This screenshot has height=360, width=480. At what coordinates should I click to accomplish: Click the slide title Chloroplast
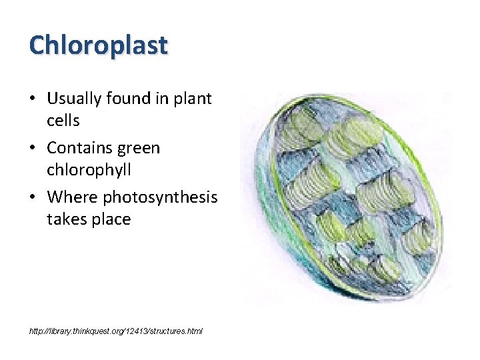click(99, 45)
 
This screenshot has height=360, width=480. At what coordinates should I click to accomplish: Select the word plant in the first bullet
click(192, 99)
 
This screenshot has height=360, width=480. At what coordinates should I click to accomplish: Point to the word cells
click(63, 121)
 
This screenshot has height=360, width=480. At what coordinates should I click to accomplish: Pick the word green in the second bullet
click(140, 147)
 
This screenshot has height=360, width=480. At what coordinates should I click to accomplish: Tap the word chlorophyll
click(89, 170)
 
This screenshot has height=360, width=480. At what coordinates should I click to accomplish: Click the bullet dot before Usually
click(33, 99)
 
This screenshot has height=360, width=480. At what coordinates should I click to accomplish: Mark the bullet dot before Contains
click(33, 148)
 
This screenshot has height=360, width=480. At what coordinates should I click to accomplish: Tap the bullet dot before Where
click(33, 197)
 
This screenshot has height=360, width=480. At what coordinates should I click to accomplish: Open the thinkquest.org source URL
click(115, 331)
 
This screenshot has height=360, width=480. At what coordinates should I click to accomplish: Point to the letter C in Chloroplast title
click(38, 45)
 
